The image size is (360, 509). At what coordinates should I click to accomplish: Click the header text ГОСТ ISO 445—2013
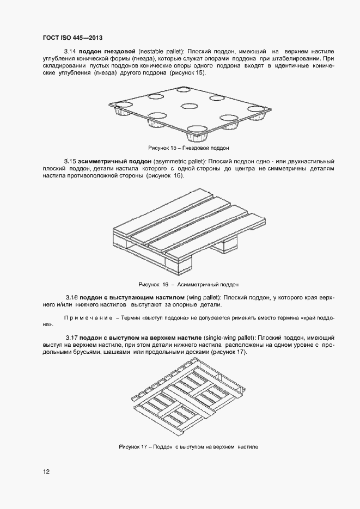(x=72, y=38)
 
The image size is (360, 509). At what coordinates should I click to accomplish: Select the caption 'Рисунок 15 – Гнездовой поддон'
(x=189, y=148)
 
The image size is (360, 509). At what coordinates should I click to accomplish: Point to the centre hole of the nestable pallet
(x=188, y=107)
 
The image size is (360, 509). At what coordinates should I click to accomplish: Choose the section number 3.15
(x=69, y=162)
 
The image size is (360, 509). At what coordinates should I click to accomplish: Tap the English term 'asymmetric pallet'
(x=178, y=162)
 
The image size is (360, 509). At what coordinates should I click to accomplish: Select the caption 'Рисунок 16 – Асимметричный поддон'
(x=189, y=284)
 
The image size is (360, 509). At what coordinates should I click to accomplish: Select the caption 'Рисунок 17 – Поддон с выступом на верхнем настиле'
(x=188, y=446)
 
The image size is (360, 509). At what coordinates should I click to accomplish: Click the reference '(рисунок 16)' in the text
(x=165, y=176)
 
